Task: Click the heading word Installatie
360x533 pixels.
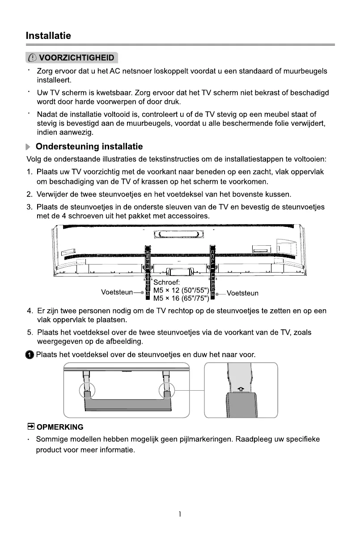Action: click(x=48, y=35)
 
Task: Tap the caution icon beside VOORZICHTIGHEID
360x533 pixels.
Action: click(x=33, y=58)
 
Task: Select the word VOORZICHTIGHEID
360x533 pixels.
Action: click(x=76, y=58)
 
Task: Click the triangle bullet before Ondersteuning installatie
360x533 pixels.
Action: click(x=29, y=147)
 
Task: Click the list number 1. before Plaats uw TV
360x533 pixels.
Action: click(x=30, y=172)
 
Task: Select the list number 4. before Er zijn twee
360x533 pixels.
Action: click(x=30, y=311)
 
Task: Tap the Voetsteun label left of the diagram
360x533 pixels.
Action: click(x=117, y=293)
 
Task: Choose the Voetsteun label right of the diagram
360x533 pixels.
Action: click(x=242, y=294)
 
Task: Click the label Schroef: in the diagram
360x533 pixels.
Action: click(x=167, y=282)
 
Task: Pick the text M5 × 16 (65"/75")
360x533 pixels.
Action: click(x=181, y=298)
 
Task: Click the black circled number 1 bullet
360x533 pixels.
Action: click(x=30, y=355)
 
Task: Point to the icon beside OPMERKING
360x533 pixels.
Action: click(x=31, y=427)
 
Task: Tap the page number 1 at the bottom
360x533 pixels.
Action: click(x=180, y=515)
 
